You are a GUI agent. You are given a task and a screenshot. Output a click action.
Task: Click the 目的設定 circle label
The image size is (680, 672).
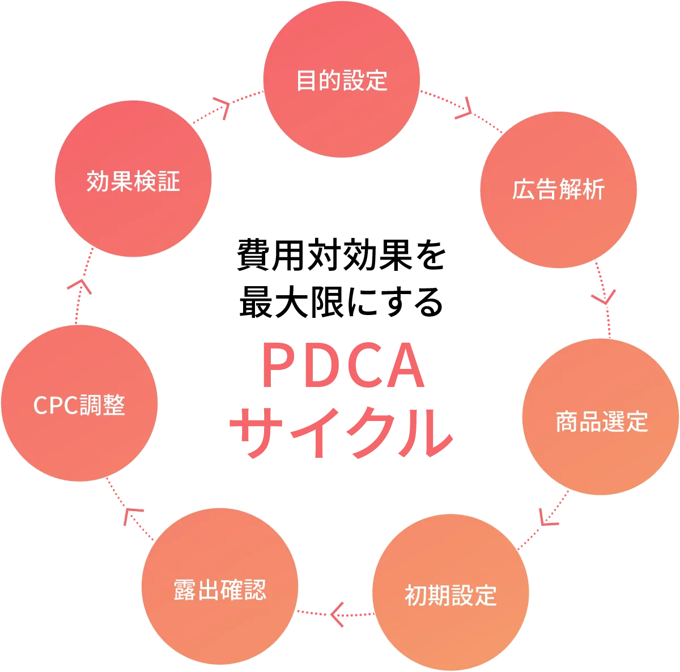point(342,80)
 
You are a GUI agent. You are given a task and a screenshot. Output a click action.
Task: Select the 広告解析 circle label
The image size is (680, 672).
point(558,190)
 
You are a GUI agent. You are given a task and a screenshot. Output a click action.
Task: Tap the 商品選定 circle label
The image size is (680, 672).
point(601,422)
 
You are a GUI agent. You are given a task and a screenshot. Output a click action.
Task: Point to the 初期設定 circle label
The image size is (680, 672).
point(450,596)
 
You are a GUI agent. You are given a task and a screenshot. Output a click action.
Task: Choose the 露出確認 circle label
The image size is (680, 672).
point(220,590)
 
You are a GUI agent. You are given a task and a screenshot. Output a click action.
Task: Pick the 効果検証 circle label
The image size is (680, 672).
point(133,181)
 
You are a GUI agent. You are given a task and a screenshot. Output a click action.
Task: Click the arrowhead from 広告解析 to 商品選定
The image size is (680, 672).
point(604,298)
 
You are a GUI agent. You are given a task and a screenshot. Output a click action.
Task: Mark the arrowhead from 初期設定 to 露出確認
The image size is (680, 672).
point(337,614)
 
